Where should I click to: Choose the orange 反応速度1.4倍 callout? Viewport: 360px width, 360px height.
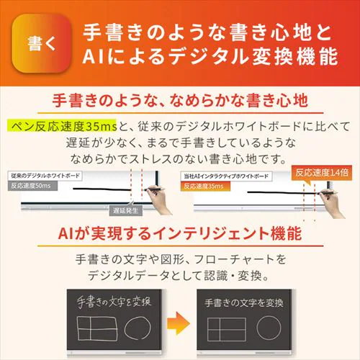click(x=321, y=174)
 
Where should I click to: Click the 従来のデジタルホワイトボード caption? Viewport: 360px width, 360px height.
click(x=46, y=176)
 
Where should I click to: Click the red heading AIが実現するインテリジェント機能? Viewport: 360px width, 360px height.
click(x=180, y=234)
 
